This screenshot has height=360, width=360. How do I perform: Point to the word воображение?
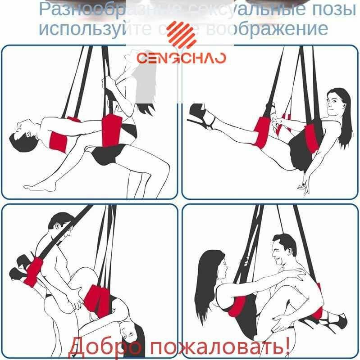pos(266,28)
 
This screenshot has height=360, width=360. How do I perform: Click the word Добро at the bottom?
pos(106,347)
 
